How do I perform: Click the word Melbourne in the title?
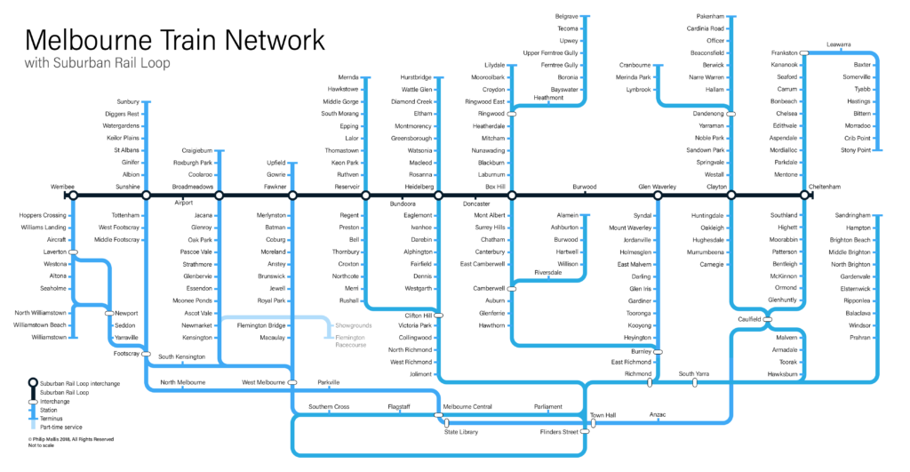87,41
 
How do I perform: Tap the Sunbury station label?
128,101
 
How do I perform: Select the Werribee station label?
62,187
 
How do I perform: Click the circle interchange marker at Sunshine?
147,196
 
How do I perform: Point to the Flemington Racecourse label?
350,340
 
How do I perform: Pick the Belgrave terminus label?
566,16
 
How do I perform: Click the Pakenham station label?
710,16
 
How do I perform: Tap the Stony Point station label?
856,150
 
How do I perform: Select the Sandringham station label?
852,215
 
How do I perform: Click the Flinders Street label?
559,432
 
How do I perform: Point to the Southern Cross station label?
329,406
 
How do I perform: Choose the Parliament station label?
547,406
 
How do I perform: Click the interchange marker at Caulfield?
767,319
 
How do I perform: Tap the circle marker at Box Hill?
512,196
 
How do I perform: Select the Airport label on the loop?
183,203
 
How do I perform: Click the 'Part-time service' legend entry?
61,427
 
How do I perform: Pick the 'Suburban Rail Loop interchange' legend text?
80,384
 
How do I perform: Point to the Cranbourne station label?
635,65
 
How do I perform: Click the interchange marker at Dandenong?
731,114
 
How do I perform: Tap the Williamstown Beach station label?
40,325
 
